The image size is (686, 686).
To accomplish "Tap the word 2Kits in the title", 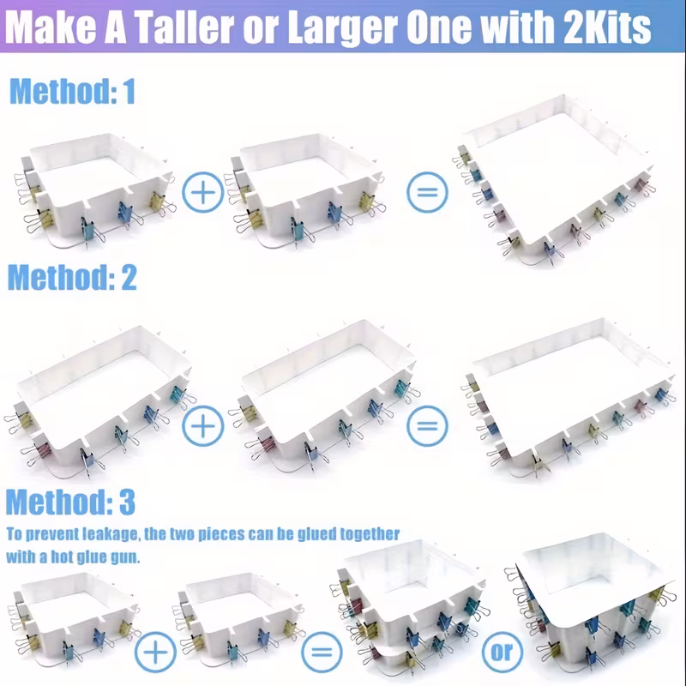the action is click(x=608, y=27).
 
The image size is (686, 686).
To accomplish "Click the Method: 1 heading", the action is click(x=72, y=91).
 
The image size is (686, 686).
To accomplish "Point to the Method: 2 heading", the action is click(x=72, y=277).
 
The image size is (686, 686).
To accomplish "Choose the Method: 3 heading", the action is click(x=70, y=502).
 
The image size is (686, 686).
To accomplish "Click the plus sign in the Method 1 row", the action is click(x=202, y=192).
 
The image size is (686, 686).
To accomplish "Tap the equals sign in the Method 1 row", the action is click(x=427, y=192).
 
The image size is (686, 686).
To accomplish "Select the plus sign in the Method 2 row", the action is click(x=202, y=425).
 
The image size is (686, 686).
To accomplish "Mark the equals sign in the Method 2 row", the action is click(x=427, y=425).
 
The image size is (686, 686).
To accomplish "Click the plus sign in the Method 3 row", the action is click(x=155, y=653).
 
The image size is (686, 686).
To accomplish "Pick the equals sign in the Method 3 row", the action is click(x=322, y=653).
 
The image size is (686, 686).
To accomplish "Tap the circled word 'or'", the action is click(x=502, y=653).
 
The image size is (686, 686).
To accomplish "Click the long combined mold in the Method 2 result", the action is click(x=569, y=396).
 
